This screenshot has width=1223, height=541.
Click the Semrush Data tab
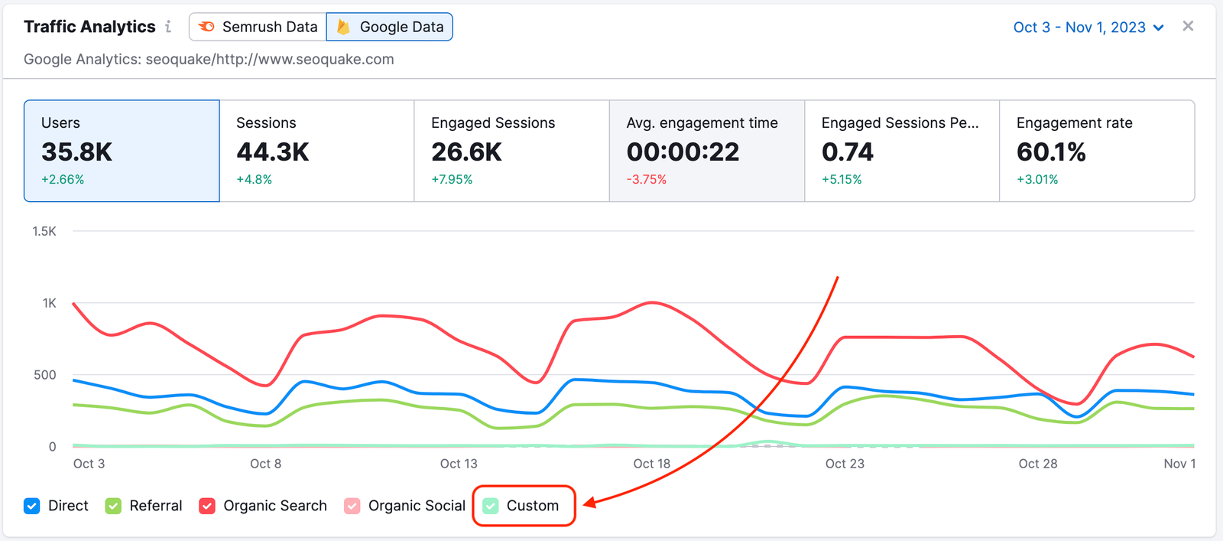[x=258, y=27]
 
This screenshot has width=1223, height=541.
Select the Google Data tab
[x=390, y=27]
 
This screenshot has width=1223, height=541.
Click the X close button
[x=1188, y=26]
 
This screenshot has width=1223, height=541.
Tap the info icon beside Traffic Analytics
[x=168, y=27]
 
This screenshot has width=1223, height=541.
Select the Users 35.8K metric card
[x=122, y=151]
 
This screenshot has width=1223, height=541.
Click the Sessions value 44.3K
[x=273, y=152]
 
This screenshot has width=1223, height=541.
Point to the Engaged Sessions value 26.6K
[x=466, y=152]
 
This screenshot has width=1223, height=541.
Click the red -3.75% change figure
[x=647, y=180]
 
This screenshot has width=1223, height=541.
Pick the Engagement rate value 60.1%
[x=1051, y=152]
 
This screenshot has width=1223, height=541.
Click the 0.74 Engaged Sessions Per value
[x=848, y=152]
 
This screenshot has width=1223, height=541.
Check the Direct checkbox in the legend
[x=32, y=506]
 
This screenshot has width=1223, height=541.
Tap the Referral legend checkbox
[x=114, y=506]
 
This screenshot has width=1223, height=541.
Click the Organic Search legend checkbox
[x=207, y=506]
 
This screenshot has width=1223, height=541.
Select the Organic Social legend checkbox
[x=352, y=506]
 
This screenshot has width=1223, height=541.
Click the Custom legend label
[x=533, y=506]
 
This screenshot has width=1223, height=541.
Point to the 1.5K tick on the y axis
[x=44, y=231]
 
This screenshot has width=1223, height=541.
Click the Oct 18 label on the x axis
[x=651, y=464]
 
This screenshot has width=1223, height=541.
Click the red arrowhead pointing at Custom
[x=590, y=503]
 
